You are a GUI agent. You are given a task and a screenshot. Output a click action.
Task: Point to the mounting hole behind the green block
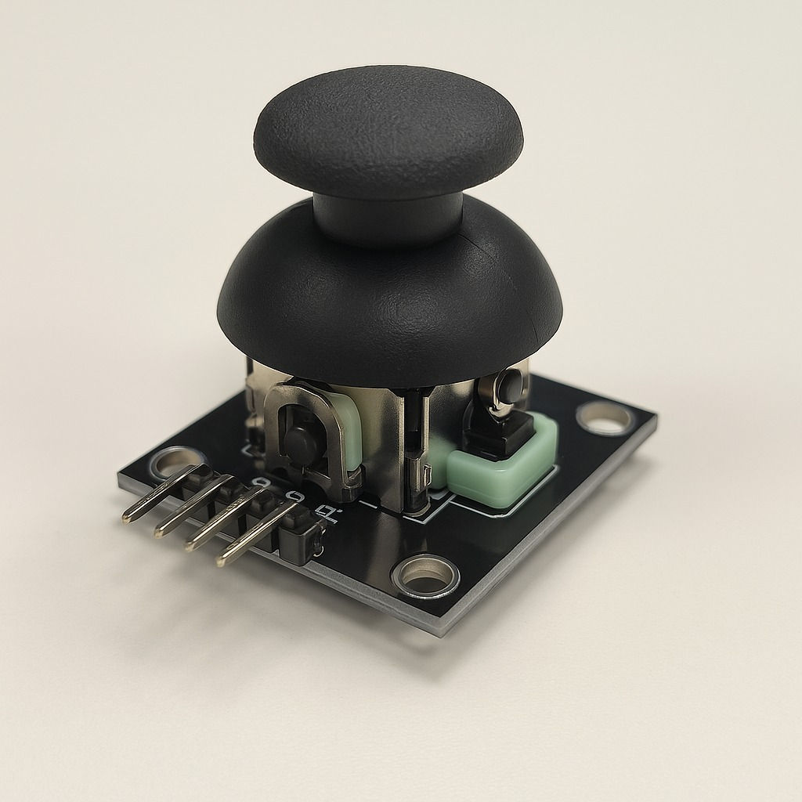(x=605, y=418)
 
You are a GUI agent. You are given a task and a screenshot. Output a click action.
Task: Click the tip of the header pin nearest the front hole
(x=222, y=561)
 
